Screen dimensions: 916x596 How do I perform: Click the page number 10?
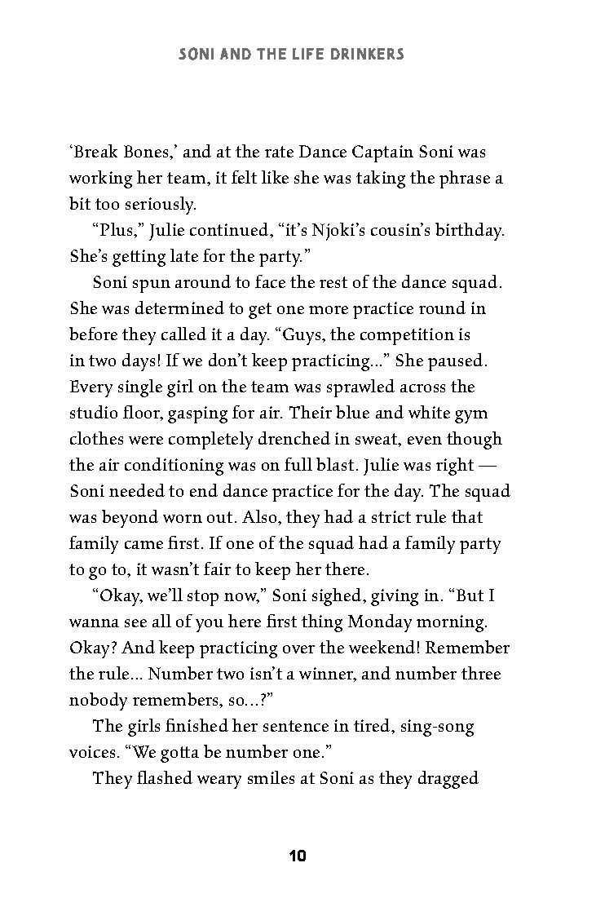click(x=297, y=856)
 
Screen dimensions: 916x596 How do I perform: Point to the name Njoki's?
click(x=300, y=230)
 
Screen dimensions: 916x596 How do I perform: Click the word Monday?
click(x=379, y=622)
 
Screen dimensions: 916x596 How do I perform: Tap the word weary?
click(x=225, y=778)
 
